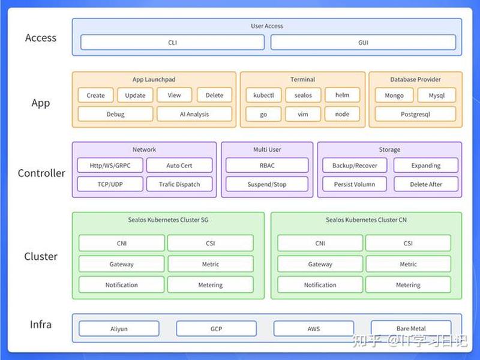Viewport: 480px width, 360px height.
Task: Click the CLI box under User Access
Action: pyautogui.click(x=172, y=42)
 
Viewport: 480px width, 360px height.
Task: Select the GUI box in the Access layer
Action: pyautogui.click(x=363, y=42)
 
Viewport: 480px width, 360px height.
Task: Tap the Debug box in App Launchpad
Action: pyautogui.click(x=115, y=114)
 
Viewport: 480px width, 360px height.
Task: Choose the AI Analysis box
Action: pyautogui.click(x=194, y=114)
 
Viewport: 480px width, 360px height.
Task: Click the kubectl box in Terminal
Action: pyautogui.click(x=263, y=95)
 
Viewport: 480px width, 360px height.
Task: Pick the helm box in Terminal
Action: pyautogui.click(x=342, y=95)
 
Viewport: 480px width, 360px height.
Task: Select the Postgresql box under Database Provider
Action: pyautogui.click(x=415, y=114)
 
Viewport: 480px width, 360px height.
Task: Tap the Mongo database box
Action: pyautogui.click(x=394, y=95)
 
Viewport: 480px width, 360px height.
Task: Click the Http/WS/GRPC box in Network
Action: pyautogui.click(x=110, y=166)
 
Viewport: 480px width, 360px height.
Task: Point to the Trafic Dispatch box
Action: pyautogui.click(x=179, y=184)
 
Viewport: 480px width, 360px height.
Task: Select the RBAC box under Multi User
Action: pyautogui.click(x=267, y=166)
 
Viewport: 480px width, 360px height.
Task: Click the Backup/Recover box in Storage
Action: pyautogui.click(x=355, y=166)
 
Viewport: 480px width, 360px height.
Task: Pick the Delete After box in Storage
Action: pyautogui.click(x=426, y=184)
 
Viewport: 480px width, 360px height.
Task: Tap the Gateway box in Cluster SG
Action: pyautogui.click(x=122, y=264)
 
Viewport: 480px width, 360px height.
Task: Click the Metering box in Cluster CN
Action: pyautogui.click(x=408, y=284)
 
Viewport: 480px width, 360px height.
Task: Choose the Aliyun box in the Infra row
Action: pyautogui.click(x=119, y=329)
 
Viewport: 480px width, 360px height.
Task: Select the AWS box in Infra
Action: pyautogui.click(x=313, y=329)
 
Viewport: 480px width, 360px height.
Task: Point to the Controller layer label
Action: pyautogui.click(x=41, y=173)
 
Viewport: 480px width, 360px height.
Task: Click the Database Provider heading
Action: pyautogui.click(x=415, y=79)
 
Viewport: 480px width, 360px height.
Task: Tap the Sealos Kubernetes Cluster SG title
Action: pyautogui.click(x=168, y=220)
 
